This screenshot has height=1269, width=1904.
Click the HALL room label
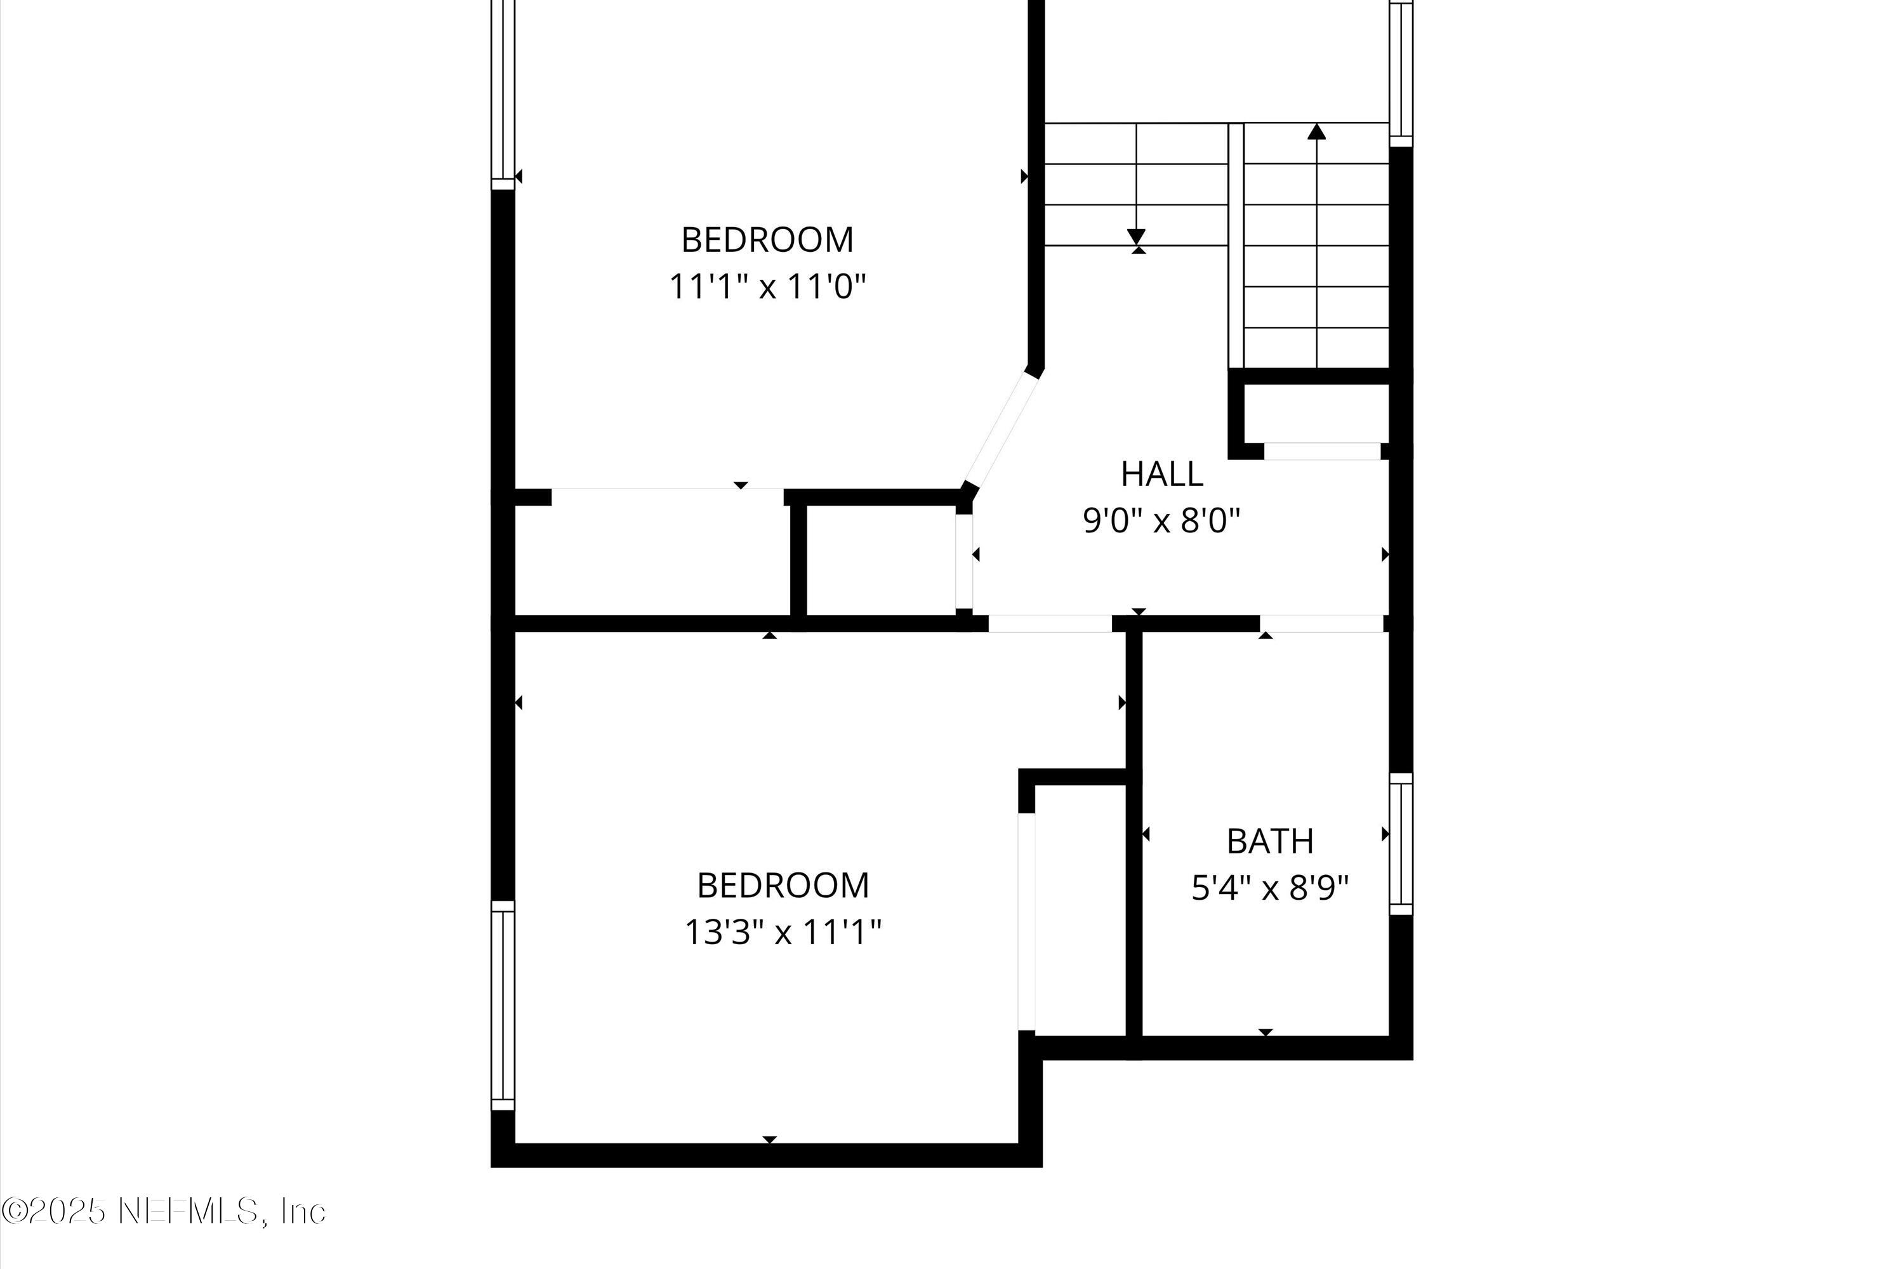1161,474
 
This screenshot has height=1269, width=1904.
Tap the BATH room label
1269,842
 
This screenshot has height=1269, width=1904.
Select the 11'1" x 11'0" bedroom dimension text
767,287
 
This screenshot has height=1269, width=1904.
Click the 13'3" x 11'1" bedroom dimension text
783,932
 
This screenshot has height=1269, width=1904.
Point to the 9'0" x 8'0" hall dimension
1161,521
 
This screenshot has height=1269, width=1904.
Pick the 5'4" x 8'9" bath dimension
1269,890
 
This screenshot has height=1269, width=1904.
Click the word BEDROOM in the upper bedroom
767,240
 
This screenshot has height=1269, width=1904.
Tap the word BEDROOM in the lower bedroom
783,885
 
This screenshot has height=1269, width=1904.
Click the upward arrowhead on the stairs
1317,131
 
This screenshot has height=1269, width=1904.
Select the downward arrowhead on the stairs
1137,236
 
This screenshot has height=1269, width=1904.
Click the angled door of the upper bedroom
1002,430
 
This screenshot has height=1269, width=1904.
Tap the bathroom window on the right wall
1401,844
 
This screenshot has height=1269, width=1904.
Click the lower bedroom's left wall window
503,1006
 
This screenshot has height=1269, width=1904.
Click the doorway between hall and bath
1321,623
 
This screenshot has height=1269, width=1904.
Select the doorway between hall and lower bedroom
1050,623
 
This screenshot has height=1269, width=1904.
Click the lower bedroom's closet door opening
1026,922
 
